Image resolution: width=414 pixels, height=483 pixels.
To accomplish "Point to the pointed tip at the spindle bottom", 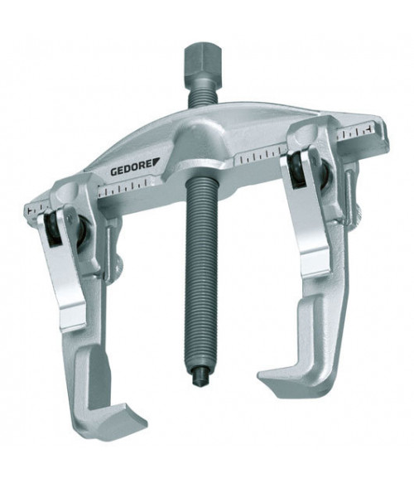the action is point(198,376).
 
